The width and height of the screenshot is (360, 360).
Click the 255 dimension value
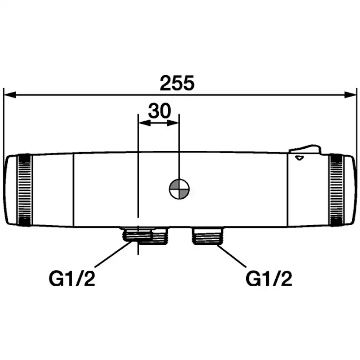pyautogui.click(x=177, y=83)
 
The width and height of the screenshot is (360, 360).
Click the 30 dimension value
pyautogui.click(x=160, y=111)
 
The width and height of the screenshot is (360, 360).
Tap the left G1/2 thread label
pyautogui.click(x=72, y=279)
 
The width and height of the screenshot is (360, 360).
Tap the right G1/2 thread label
pyautogui.click(x=269, y=279)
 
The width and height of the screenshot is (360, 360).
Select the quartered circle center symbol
pyautogui.click(x=179, y=189)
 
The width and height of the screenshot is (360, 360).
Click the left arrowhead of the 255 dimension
pyautogui.click(x=10, y=95)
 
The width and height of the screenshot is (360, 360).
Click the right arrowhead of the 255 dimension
pyautogui.click(x=350, y=95)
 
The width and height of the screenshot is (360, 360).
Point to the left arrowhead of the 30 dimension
pyautogui.click(x=145, y=123)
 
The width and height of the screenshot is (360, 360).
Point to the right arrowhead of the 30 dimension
pyautogui.click(x=173, y=123)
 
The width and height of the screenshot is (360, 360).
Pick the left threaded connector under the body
pyautogui.click(x=145, y=236)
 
